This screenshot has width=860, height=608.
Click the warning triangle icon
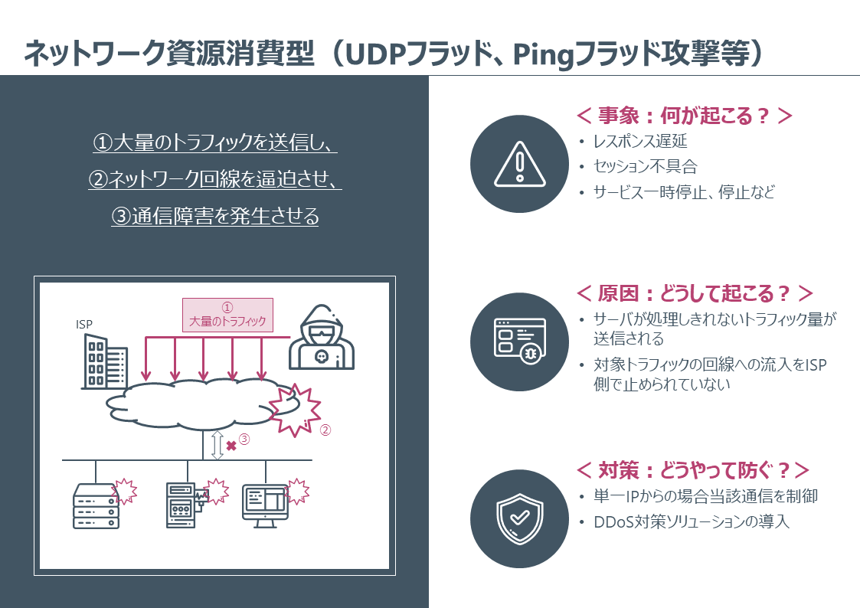pos(519,164)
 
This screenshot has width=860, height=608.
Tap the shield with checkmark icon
pos(519,518)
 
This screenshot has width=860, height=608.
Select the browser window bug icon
pos(519,341)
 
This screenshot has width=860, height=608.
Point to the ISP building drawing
pos(105,361)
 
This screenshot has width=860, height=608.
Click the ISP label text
pos(84,324)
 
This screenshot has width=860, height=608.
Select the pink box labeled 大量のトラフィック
pos(227,315)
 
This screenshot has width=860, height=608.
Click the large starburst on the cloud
pos(295,410)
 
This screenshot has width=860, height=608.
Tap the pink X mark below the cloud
pos(231,446)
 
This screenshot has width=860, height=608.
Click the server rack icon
pos(96,506)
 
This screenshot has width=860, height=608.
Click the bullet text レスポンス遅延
pos(640,142)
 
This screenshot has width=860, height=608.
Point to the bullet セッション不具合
pos(645,166)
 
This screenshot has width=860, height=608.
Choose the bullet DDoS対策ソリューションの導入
pos(692,521)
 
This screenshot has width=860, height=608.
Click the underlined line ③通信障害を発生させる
pos(215,216)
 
